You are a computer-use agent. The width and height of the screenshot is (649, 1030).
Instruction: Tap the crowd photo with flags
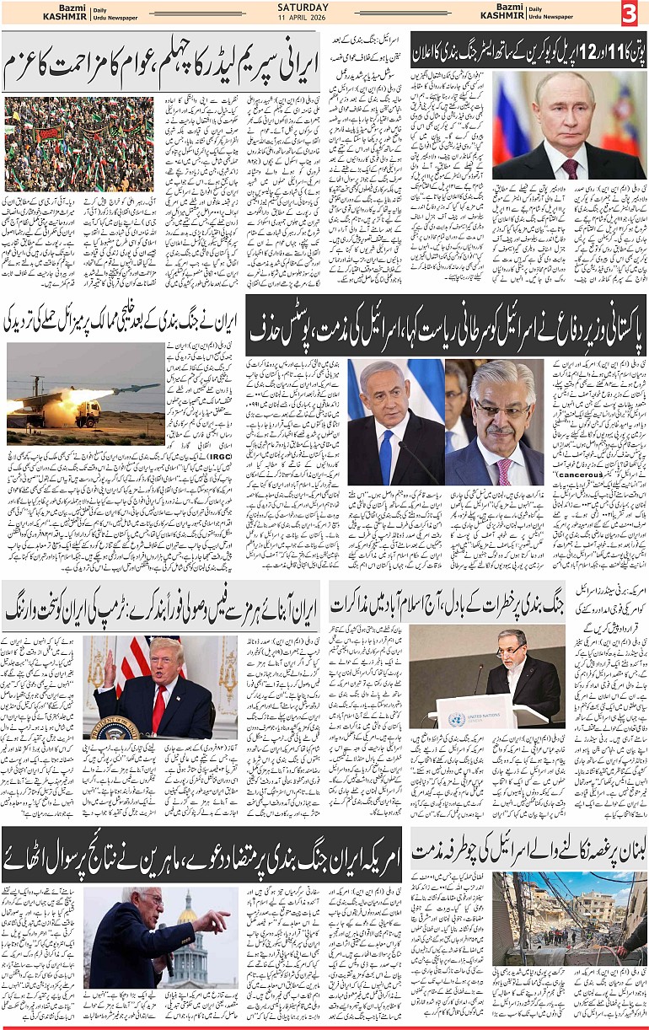[x=78, y=144]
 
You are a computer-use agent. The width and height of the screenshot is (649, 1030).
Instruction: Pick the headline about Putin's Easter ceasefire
[x=528, y=49]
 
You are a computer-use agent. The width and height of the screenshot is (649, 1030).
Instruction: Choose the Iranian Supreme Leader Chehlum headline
[x=160, y=63]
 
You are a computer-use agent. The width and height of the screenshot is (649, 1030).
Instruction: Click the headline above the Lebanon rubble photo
[x=528, y=850]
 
